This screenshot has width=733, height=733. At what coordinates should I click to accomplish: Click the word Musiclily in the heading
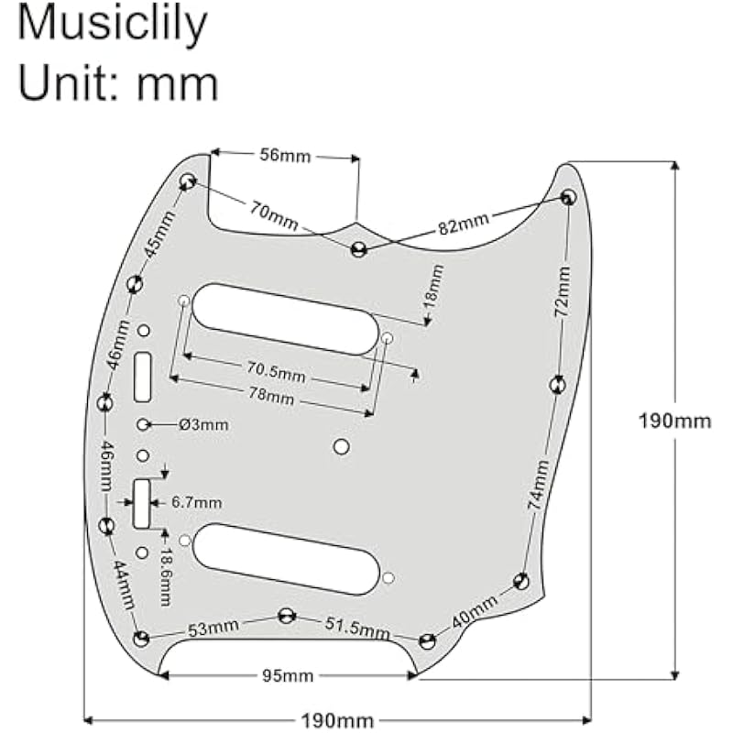(113, 25)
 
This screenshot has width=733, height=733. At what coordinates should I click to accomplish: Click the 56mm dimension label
(284, 156)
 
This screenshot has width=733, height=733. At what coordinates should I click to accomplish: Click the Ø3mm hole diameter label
(204, 424)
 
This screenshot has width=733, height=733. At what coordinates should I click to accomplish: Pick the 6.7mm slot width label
(196, 502)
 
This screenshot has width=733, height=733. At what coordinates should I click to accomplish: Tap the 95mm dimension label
(288, 676)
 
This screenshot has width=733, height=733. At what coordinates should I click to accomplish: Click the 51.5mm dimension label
(357, 627)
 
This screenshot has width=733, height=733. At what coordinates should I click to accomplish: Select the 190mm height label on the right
(675, 421)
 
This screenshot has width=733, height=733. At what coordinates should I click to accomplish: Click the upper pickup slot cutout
(285, 318)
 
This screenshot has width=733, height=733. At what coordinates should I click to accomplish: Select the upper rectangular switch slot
(144, 377)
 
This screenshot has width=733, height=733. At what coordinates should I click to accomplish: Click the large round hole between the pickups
(342, 446)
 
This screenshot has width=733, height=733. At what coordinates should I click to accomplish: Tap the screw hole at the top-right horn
(568, 197)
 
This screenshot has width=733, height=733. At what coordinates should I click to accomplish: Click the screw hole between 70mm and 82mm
(358, 248)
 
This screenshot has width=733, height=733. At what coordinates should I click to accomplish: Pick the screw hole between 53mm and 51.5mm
(287, 615)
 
